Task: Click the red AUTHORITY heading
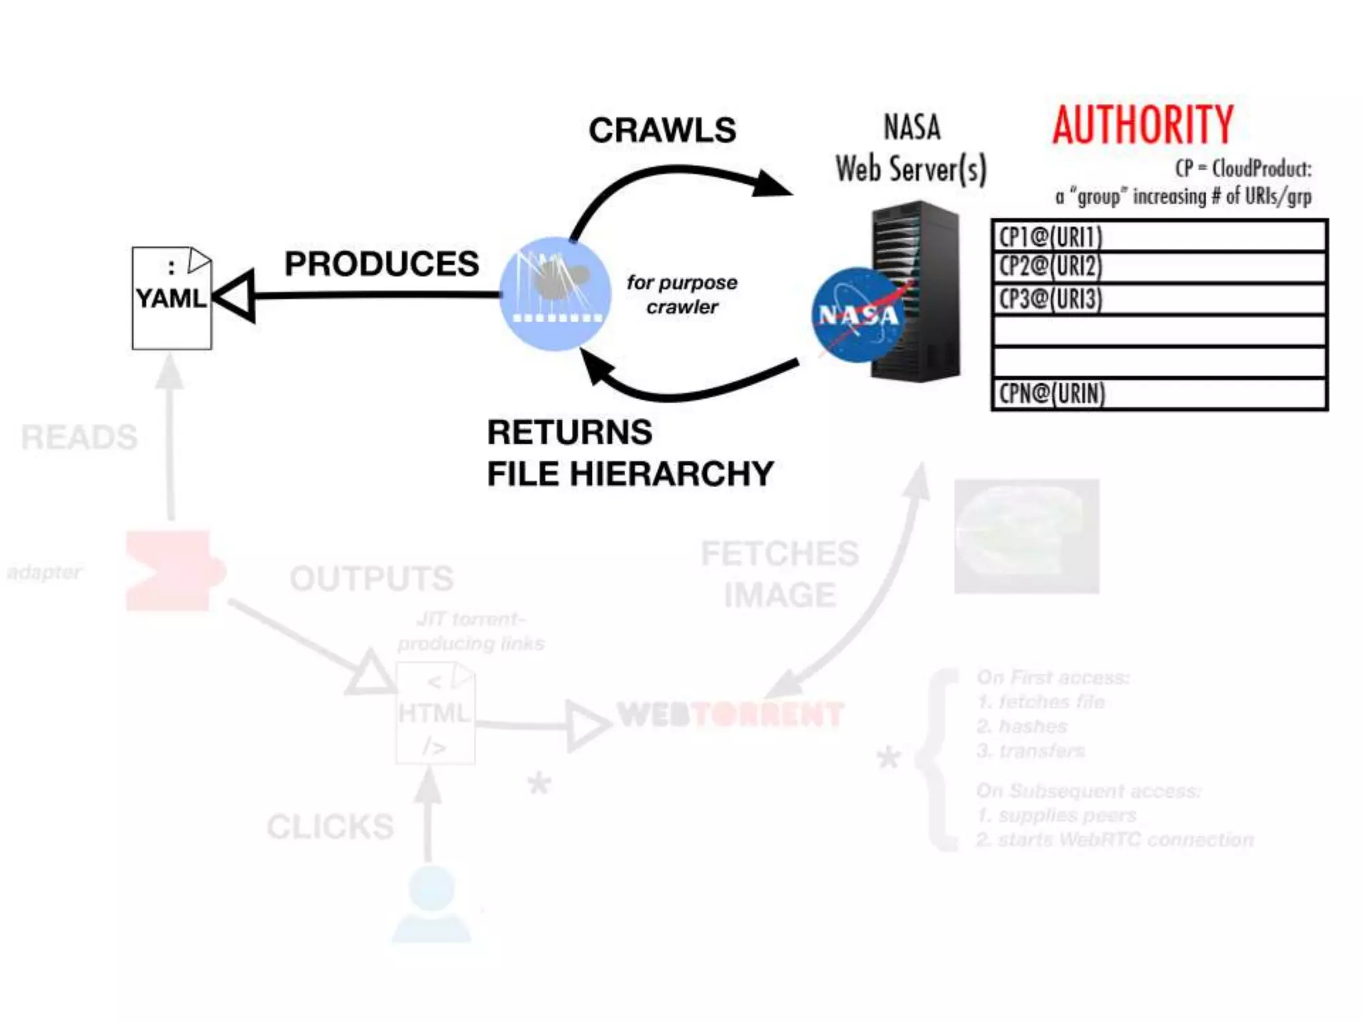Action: (1143, 125)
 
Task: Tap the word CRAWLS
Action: (662, 130)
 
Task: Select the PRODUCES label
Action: (382, 264)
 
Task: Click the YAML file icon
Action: (172, 298)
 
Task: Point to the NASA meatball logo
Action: (858, 315)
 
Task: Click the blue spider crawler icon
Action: (555, 293)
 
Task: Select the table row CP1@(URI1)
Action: (1158, 236)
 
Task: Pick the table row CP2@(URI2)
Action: (1158, 267)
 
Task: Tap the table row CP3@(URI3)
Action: (1158, 299)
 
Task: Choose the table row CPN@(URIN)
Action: (1158, 394)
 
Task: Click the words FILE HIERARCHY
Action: (630, 474)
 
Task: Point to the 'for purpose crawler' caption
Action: (682, 294)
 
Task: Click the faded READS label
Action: (79, 438)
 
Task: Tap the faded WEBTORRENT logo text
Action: (730, 715)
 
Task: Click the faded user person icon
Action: (432, 904)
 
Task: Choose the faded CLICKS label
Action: (331, 826)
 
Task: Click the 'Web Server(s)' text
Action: (911, 169)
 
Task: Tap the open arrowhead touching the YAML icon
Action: (235, 296)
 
